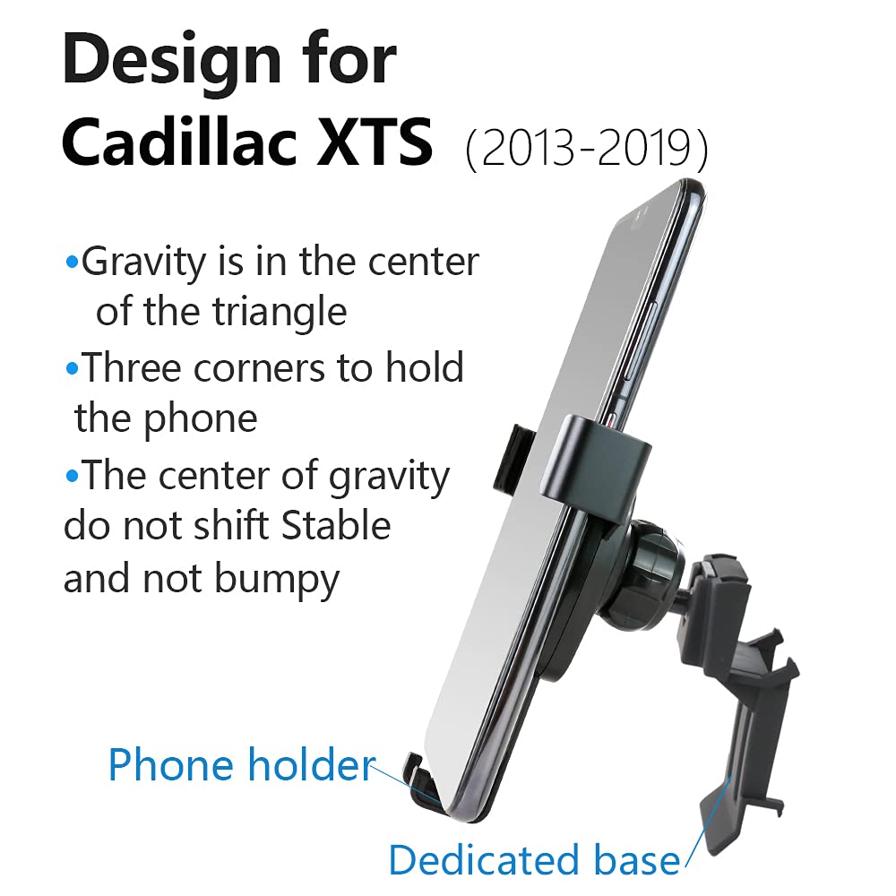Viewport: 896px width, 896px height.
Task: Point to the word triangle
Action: [x=280, y=312]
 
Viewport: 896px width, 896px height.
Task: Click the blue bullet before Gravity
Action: [x=72, y=263]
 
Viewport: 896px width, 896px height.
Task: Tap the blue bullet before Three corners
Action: [x=72, y=368]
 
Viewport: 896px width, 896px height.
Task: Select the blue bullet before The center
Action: [x=72, y=476]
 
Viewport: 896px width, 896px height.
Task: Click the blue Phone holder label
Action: [x=242, y=765]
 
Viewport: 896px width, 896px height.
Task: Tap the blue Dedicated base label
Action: [x=534, y=860]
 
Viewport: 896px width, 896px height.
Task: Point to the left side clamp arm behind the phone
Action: [x=512, y=459]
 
